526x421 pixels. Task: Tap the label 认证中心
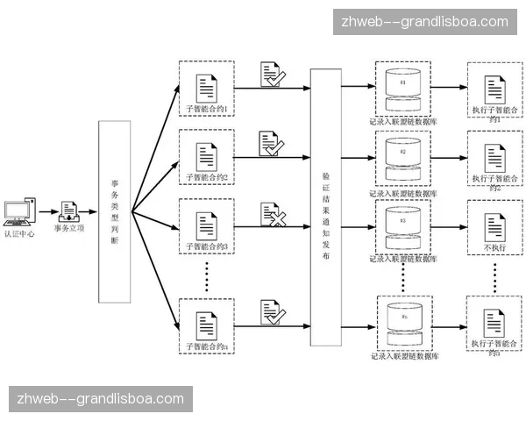(18, 234)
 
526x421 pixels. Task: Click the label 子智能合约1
(207, 109)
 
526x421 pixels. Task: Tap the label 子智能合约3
(207, 247)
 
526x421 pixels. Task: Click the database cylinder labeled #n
(403, 323)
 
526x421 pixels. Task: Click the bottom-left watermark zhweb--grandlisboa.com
(101, 399)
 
